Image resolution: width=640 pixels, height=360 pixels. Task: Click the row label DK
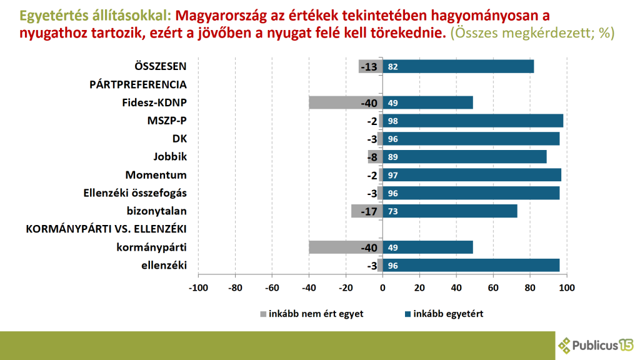tap(179, 139)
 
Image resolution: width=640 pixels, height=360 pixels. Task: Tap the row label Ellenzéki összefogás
tap(135, 193)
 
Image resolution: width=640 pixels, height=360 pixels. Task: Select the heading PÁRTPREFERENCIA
tap(138, 84)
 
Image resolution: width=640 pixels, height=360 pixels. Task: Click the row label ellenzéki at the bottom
tap(165, 266)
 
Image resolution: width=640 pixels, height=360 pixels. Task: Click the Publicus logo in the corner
tap(596, 344)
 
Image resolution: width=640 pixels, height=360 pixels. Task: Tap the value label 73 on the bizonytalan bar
tap(393, 211)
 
